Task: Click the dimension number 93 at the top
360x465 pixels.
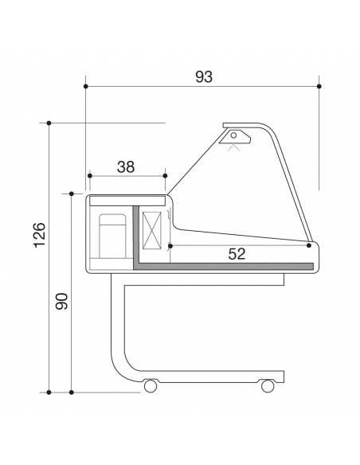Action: (x=204, y=76)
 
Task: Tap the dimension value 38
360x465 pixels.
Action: (x=126, y=166)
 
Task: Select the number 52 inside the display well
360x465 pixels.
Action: (x=237, y=254)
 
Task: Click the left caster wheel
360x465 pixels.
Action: (x=150, y=386)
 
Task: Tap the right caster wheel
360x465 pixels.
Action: (x=268, y=386)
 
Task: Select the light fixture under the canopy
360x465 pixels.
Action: (x=235, y=140)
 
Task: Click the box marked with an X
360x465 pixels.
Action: (x=152, y=231)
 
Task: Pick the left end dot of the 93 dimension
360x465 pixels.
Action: (x=85, y=85)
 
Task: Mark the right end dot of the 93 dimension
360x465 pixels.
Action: (x=319, y=85)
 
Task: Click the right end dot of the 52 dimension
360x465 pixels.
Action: (x=310, y=245)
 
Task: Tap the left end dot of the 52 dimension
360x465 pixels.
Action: (x=170, y=245)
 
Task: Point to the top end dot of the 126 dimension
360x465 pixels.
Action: (x=49, y=123)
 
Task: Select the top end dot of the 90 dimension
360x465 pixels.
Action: (x=72, y=193)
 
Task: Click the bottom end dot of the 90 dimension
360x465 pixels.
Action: (x=72, y=392)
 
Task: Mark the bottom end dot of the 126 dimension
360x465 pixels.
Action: (x=49, y=392)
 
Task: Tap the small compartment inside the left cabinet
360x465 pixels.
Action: (x=112, y=236)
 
